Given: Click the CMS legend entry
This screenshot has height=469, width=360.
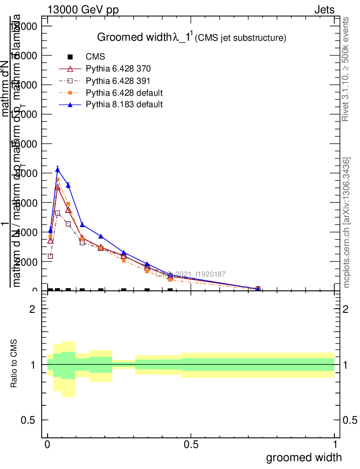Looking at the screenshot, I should pyautogui.click(x=95, y=57).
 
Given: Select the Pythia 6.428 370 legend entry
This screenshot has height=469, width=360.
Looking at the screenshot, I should pyautogui.click(x=118, y=69).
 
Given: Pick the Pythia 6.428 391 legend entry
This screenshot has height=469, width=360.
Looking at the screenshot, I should pyautogui.click(x=118, y=81).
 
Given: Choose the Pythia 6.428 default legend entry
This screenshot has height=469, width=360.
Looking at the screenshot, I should pyautogui.click(x=124, y=93).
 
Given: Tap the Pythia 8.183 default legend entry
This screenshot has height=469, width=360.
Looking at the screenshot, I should pyautogui.click(x=124, y=104).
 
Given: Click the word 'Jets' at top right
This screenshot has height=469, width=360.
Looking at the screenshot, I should pyautogui.click(x=324, y=10).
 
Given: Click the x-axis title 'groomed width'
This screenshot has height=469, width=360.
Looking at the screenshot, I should pyautogui.click(x=304, y=457).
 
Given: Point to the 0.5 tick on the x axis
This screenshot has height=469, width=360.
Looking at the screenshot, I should pyautogui.click(x=191, y=444).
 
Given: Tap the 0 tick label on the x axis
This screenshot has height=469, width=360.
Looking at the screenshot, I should pyautogui.click(x=48, y=444).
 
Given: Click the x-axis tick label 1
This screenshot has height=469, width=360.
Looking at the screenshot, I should pyautogui.click(x=334, y=444).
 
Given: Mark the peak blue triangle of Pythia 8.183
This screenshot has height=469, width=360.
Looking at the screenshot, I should pyautogui.click(x=58, y=169).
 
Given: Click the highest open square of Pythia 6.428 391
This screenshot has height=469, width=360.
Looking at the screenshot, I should pyautogui.click(x=58, y=213).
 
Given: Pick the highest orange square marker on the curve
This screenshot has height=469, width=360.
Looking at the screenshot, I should pyautogui.click(x=58, y=180).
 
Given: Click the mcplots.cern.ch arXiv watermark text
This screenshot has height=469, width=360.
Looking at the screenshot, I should pyautogui.click(x=347, y=223).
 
